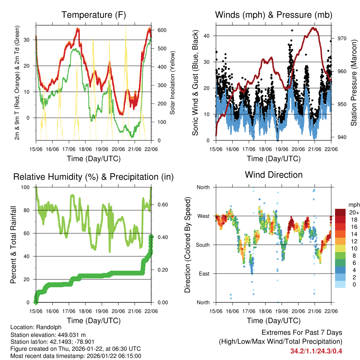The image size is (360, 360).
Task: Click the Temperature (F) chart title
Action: pyautogui.click(x=94, y=15)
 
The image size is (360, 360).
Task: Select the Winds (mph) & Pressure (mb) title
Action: pyautogui.click(x=274, y=15)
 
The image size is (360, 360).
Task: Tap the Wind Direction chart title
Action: pyautogui.click(x=274, y=175)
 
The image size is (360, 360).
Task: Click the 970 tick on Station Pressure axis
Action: pyautogui.click(x=342, y=38)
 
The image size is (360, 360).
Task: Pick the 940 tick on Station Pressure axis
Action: pyautogui.click(x=342, y=137)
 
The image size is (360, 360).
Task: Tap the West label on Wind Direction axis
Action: pyautogui.click(x=203, y=216)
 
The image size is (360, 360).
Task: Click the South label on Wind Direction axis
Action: pyautogui.click(x=203, y=245)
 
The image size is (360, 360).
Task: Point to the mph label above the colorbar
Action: pyautogui.click(x=354, y=205)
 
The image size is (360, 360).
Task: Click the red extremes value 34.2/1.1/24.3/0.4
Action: pyautogui.click(x=316, y=351)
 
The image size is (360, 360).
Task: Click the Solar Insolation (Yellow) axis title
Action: pyautogui.click(x=172, y=83)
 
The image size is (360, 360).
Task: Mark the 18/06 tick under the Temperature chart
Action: pyautogui.click(x=85, y=149)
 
